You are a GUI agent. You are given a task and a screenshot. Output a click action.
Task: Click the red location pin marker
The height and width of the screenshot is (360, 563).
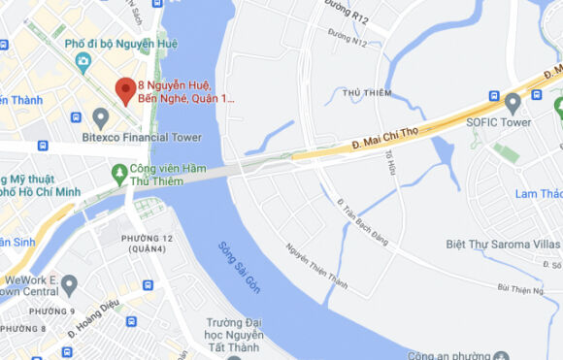click(x=125, y=90)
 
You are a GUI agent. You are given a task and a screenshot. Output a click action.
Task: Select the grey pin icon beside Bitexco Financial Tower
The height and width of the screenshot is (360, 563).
click(x=101, y=117)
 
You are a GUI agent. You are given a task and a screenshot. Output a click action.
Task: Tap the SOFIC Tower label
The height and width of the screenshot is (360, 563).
click(x=498, y=122)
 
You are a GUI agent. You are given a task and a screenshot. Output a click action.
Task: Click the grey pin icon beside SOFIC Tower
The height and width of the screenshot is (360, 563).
click(x=513, y=101)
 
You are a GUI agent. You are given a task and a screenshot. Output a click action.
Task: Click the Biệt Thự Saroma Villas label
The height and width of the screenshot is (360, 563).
click(x=501, y=244)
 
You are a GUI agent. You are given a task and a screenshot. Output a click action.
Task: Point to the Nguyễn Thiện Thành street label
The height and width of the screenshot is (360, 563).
click(x=316, y=265)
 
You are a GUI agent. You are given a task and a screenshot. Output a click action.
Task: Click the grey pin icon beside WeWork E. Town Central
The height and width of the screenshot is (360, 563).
click(x=68, y=285)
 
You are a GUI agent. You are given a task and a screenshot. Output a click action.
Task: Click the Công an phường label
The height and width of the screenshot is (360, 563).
click(x=447, y=354)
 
